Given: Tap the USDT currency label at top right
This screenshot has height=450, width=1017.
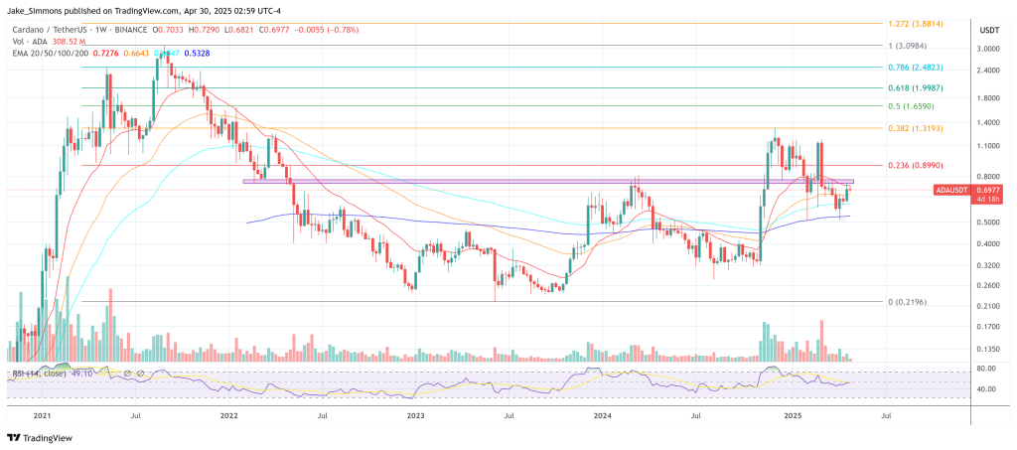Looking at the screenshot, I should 988,29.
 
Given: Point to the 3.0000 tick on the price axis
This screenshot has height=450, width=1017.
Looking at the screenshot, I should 987,49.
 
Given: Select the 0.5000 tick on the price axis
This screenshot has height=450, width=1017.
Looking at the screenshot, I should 987,223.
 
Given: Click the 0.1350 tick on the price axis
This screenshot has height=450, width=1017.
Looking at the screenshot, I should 987,350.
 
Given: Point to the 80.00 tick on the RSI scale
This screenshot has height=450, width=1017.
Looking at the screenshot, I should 987,369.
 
